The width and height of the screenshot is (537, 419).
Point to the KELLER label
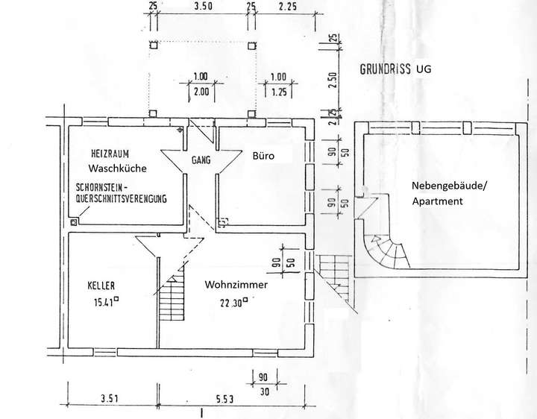pos(101,286)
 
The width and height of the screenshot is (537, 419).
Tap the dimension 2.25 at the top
pos(287,7)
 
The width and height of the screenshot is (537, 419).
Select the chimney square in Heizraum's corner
pos(73,221)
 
